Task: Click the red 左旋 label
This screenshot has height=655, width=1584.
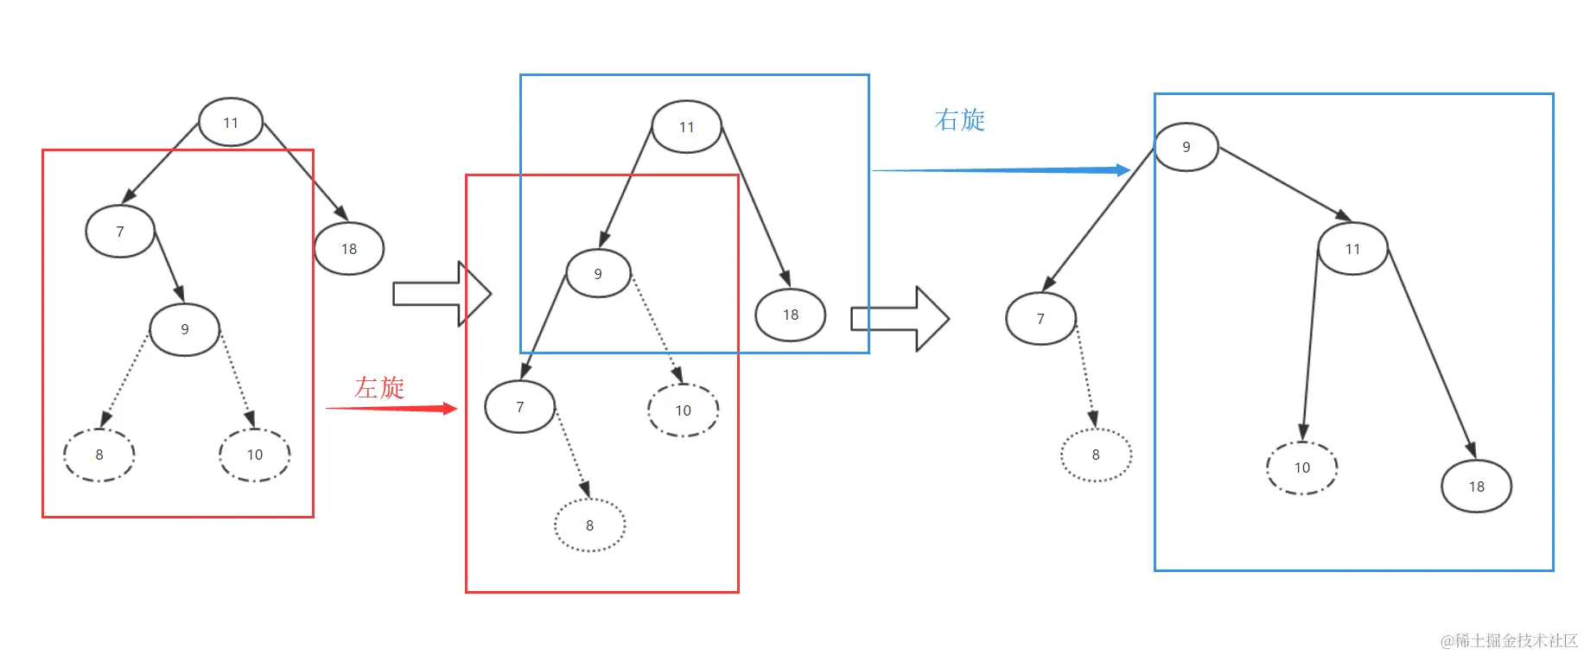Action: click(x=379, y=387)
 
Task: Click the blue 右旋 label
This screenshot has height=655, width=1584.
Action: click(x=959, y=119)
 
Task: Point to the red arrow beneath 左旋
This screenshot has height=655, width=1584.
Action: click(x=391, y=408)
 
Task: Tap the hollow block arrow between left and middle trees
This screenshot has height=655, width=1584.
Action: click(x=442, y=294)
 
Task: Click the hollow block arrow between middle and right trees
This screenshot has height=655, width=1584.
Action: click(x=900, y=319)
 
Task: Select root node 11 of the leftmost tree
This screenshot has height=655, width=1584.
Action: click(x=231, y=123)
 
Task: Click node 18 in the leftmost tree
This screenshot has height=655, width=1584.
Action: click(x=349, y=249)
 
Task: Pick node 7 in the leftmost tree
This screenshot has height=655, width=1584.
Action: click(x=120, y=232)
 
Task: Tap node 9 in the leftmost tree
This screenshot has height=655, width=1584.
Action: click(x=185, y=329)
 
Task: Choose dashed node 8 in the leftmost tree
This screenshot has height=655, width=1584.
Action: click(x=99, y=455)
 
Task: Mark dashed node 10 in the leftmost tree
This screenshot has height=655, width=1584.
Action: click(x=255, y=455)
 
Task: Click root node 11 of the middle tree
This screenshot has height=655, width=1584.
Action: click(x=687, y=127)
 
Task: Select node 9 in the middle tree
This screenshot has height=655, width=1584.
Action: click(x=598, y=274)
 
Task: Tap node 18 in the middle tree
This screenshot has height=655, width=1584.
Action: click(x=791, y=315)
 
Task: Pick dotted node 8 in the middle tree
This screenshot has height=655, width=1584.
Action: click(x=589, y=525)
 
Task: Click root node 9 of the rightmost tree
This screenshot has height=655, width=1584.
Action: click(x=1186, y=147)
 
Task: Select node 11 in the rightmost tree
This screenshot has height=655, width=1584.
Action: click(x=1353, y=249)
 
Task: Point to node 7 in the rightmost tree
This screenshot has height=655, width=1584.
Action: click(x=1040, y=319)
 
